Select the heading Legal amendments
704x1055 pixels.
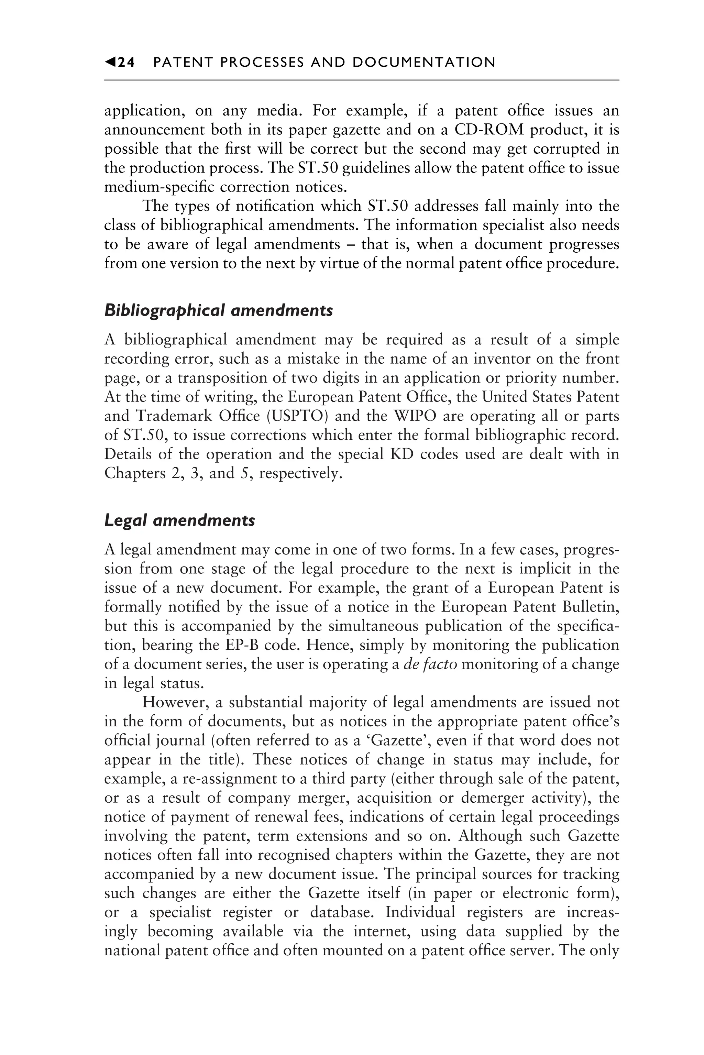(x=179, y=520)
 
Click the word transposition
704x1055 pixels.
(x=224, y=378)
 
